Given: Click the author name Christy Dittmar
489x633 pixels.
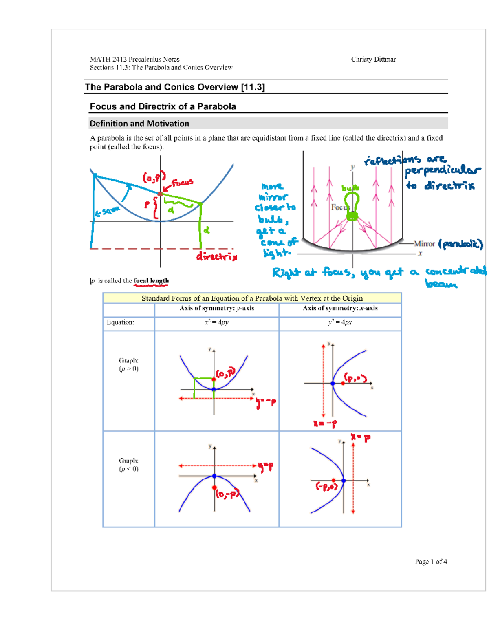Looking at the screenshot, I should (373, 60).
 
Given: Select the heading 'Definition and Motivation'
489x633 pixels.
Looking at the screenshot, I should (139, 124).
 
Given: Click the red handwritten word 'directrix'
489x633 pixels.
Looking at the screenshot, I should (216, 257).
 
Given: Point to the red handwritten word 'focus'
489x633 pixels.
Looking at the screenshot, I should (182, 183).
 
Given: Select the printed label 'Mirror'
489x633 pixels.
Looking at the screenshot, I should (424, 244).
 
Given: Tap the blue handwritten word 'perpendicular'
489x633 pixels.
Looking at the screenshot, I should (443, 172).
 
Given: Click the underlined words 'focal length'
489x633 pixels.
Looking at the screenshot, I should (151, 281).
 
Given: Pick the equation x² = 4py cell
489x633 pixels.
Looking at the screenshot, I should (216, 322).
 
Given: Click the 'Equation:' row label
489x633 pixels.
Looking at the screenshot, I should (121, 322).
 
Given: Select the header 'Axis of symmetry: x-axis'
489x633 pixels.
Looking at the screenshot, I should (340, 309).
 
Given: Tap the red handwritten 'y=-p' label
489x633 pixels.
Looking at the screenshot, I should (266, 403).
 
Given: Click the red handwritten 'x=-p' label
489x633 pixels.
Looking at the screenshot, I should (325, 423).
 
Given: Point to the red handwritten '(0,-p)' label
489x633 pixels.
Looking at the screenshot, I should (227, 494).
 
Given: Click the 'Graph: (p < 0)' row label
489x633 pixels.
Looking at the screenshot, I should (129, 465).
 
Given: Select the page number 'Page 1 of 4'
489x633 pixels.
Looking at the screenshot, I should (431, 562).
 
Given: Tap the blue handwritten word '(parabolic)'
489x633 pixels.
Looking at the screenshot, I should (460, 244).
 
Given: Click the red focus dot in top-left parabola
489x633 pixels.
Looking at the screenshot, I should (161, 194).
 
